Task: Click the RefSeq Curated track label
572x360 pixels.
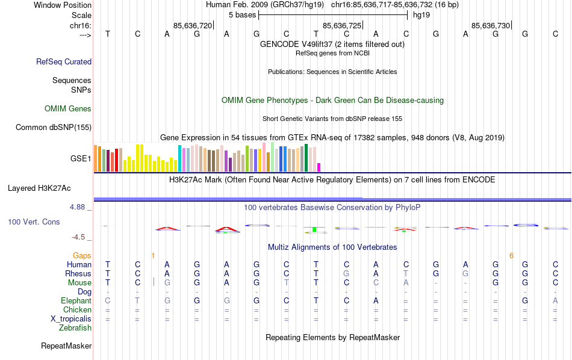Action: [64, 61]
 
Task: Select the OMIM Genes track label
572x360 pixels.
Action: [68, 109]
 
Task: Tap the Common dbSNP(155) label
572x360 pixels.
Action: [54, 127]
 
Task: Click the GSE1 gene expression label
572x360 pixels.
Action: [81, 159]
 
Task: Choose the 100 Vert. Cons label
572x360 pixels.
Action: [34, 222]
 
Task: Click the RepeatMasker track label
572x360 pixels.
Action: [66, 346]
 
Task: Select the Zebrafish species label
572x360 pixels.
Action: [75, 328]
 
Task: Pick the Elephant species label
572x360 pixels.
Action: [76, 301]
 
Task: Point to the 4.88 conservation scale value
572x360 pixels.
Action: [81, 207]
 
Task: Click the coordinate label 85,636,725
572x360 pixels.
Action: [342, 26]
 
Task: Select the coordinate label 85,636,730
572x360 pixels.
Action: [491, 26]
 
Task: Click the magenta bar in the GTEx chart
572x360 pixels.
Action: [319, 167]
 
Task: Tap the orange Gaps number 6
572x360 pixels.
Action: [511, 256]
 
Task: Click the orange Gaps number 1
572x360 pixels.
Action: [153, 256]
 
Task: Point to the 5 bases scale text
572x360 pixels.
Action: [242, 14]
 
